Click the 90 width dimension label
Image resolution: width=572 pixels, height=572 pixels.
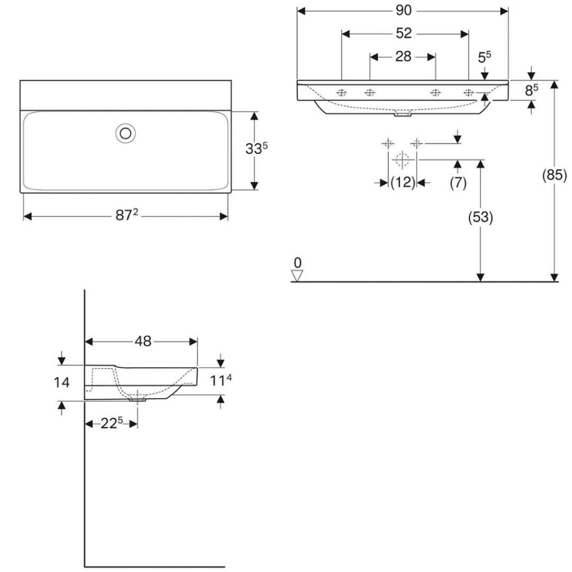(403, 11)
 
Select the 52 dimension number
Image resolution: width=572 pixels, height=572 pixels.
(403, 33)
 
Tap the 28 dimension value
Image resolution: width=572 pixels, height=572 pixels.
(403, 56)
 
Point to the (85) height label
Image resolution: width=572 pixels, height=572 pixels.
(554, 175)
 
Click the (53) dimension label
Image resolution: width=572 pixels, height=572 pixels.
(480, 217)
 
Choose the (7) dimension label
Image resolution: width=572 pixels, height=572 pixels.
(458, 182)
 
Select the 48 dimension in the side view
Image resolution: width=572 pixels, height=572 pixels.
(142, 341)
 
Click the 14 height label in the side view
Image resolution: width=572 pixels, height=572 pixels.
(61, 382)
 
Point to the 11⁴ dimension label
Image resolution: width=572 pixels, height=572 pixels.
(221, 380)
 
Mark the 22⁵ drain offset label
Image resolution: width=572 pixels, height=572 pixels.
(112, 423)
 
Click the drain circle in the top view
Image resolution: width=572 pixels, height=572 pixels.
(126, 134)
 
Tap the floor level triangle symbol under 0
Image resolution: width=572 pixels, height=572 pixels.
(297, 275)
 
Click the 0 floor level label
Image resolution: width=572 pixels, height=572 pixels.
(298, 263)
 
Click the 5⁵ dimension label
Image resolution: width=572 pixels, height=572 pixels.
(484, 57)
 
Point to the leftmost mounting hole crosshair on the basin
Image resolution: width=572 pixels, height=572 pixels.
(341, 93)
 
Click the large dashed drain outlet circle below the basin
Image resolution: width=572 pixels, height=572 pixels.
(402, 159)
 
